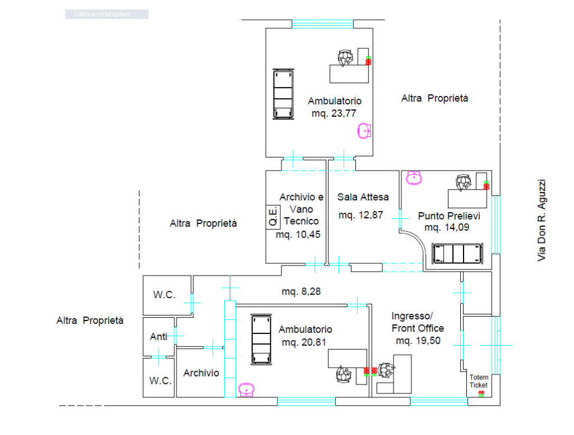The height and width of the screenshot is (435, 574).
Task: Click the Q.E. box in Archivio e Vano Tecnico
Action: click(273, 217)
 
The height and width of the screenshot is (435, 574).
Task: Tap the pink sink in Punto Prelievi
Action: click(414, 178)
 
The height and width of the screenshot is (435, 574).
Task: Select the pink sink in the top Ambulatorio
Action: click(364, 131)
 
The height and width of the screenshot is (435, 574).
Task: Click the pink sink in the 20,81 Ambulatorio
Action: click(247, 390)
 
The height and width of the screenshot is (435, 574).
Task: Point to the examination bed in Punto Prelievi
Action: click(457, 253)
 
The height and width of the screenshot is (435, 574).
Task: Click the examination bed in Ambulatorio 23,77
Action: click(283, 94)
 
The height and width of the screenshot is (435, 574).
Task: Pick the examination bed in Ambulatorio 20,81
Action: click(261, 340)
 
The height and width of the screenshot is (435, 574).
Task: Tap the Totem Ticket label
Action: click(479, 381)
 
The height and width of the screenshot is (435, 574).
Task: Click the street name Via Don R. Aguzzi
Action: click(541, 220)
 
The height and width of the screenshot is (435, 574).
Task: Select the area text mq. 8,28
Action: click(301, 291)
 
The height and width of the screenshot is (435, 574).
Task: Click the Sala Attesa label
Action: click(363, 197)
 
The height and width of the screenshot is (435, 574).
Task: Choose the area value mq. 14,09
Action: click(447, 227)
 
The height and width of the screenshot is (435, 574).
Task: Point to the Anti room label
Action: click(158, 336)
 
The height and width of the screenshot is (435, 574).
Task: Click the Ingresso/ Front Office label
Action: click(418, 322)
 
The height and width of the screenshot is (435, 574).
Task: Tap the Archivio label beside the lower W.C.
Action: click(201, 373)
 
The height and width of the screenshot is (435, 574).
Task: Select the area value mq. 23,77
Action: click(334, 113)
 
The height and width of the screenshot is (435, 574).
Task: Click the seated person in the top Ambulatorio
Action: click(345, 58)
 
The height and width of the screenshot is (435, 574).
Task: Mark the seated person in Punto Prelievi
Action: click(464, 182)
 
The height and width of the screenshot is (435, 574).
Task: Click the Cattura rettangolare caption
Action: click(102, 14)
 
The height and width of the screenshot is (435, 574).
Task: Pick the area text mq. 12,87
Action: click(360, 215)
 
